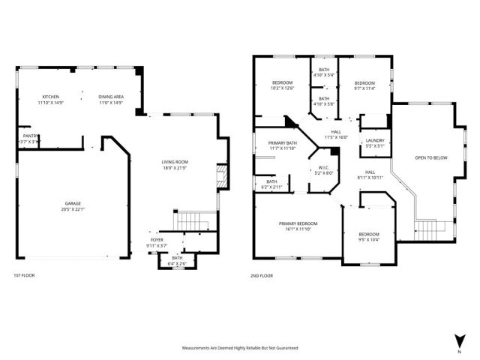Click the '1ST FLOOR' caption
pyautogui.click(x=24, y=276)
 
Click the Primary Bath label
pyautogui.click(x=283, y=145)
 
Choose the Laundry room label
pyautogui.click(x=374, y=142)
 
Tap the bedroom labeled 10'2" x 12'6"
pyautogui.click(x=282, y=85)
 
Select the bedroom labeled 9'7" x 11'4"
pyautogui.click(x=364, y=85)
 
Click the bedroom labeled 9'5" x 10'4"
pyautogui.click(x=368, y=236)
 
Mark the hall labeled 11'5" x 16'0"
pyautogui.click(x=337, y=133)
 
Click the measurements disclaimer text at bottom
pyautogui.click(x=240, y=348)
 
